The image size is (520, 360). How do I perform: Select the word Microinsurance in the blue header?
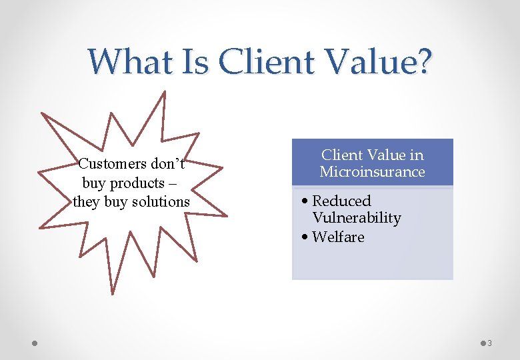click(372, 172)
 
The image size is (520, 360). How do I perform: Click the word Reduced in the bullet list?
click(341, 201)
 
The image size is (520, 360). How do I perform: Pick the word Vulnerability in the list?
click(357, 218)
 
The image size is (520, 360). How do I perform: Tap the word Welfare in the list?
click(338, 237)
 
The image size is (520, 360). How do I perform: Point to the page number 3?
click(489, 343)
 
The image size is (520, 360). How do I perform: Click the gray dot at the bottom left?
click(35, 343)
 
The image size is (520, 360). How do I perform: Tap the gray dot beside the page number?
click(482, 343)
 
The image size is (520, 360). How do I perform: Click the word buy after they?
click(115, 201)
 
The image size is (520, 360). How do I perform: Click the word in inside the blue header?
click(417, 155)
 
